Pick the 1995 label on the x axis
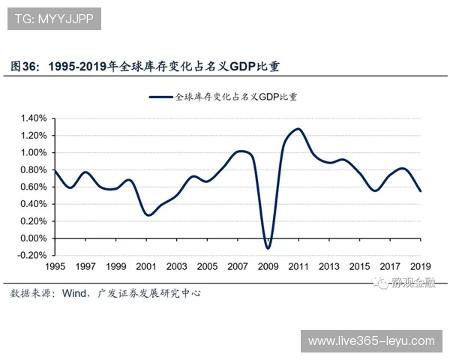tap(55, 267)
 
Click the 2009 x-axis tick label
tap(268, 267)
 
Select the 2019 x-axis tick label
tap(421, 267)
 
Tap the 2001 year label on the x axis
tap(147, 267)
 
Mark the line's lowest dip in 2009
tap(268, 247)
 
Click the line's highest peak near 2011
tap(298, 129)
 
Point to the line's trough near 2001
tap(148, 215)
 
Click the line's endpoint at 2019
tap(421, 191)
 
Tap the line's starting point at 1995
tap(55, 171)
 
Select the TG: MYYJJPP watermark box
tap(55, 18)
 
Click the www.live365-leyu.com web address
tap(371, 341)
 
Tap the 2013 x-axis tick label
tap(329, 267)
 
